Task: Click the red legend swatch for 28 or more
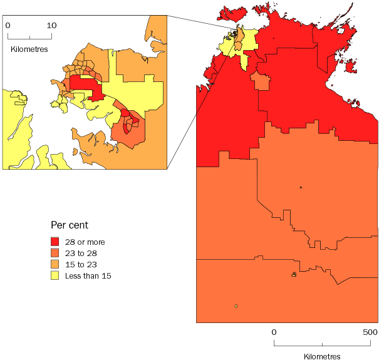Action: [x=55, y=242]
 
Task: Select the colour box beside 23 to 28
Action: [x=55, y=253]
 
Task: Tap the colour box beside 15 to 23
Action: [x=55, y=264]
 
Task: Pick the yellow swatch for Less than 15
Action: [x=55, y=275]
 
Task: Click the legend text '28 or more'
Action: [x=86, y=242]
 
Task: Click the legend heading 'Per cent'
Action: [x=69, y=224]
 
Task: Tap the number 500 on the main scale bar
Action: [x=370, y=331]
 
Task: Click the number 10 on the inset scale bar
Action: [x=51, y=26]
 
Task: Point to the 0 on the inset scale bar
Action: [x=8, y=26]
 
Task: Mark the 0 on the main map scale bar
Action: [x=274, y=331]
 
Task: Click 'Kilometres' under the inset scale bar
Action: [x=29, y=48]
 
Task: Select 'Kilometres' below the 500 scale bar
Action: [x=322, y=356]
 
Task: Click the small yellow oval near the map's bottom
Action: [x=236, y=306]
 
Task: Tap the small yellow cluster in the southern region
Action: [x=293, y=274]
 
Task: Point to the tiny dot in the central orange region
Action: [x=301, y=187]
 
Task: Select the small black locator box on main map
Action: [x=234, y=33]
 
